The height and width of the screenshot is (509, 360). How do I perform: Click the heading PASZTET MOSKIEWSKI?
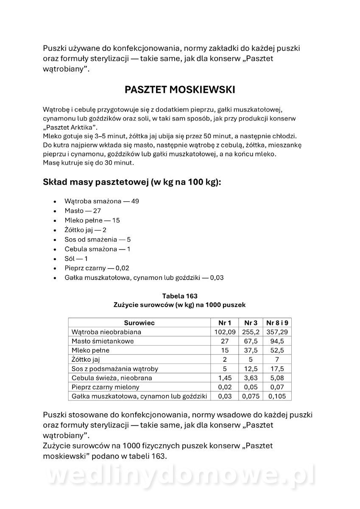[x=180, y=90]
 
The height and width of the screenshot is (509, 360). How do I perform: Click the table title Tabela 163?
[x=180, y=296]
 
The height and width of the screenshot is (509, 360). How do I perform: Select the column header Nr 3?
[x=250, y=323]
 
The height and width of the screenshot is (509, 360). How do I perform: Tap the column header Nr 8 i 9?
[x=277, y=323]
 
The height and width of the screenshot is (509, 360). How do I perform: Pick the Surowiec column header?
[x=139, y=323]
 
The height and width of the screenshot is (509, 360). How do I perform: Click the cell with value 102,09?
[x=225, y=332]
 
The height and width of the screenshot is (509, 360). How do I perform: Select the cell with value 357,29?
[x=277, y=332]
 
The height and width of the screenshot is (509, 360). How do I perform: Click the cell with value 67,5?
[x=250, y=341]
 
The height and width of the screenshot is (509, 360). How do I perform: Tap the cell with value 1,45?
[x=225, y=378]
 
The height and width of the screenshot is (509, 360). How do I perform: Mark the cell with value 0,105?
[x=277, y=396]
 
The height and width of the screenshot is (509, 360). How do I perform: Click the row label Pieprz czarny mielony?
[x=105, y=387]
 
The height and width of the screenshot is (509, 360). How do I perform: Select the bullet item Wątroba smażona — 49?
[x=102, y=201]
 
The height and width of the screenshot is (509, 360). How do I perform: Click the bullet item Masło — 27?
[x=83, y=210]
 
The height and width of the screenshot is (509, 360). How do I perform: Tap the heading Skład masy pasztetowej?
[x=132, y=182]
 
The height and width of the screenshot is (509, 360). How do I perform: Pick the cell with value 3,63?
[x=250, y=378]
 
